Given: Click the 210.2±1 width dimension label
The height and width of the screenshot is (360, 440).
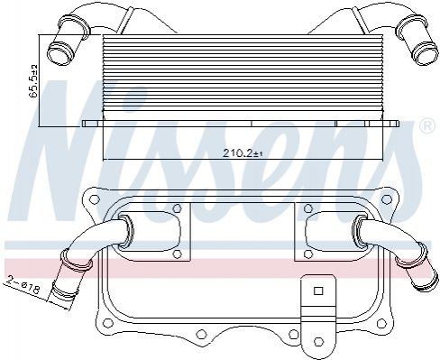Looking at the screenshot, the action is pyautogui.click(x=243, y=153).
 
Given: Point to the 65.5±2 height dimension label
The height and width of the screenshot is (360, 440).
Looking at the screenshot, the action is pyautogui.click(x=34, y=81).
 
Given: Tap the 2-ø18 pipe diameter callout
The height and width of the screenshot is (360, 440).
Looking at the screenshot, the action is pyautogui.click(x=23, y=286).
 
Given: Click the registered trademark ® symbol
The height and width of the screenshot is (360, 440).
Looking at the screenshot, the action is pyautogui.click(x=426, y=126).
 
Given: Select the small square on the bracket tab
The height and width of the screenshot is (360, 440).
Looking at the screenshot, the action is pyautogui.click(x=318, y=291).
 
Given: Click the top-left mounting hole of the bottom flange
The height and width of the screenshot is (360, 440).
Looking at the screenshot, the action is pyautogui.click(x=95, y=198).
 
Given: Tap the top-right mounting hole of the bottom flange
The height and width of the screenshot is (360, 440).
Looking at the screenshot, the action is pyautogui.click(x=385, y=198).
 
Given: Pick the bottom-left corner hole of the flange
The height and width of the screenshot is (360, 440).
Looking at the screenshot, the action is pyautogui.click(x=106, y=323).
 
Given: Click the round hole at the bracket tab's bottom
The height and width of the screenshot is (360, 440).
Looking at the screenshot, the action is pyautogui.click(x=318, y=341).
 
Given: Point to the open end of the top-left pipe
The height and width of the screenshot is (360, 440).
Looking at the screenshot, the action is pyautogui.click(x=60, y=53).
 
